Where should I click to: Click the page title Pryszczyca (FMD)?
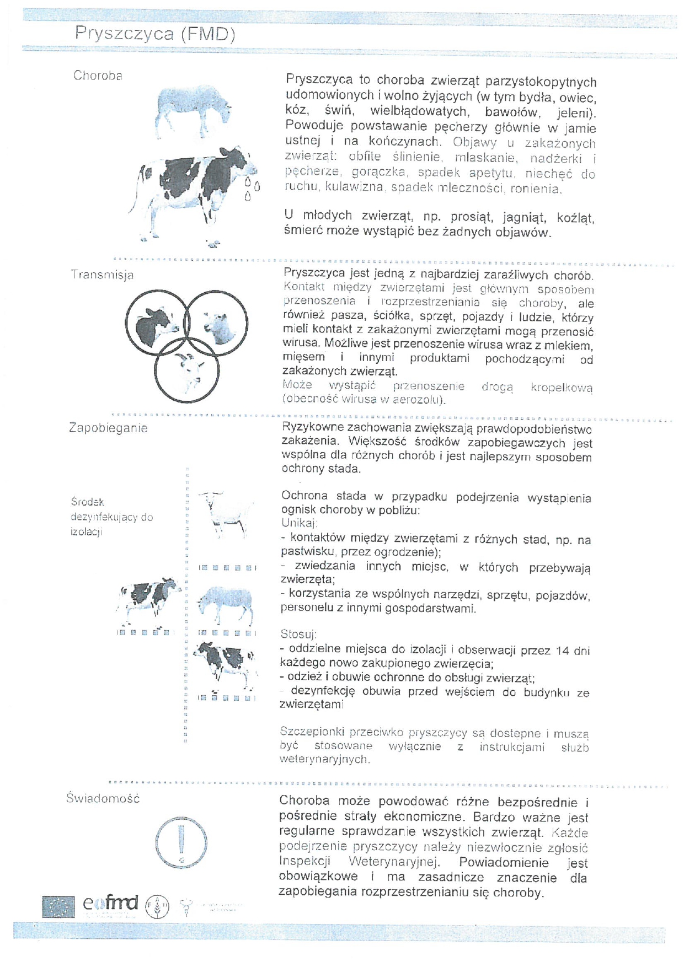(155, 34)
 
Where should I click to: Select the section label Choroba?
(98, 76)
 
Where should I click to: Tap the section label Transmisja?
(102, 275)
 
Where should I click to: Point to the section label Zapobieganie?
(108, 428)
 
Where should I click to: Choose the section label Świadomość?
(103, 798)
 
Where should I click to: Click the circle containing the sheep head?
(216, 323)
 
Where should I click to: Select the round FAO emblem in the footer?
(157, 906)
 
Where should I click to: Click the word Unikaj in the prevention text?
(298, 523)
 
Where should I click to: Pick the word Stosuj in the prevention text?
(298, 634)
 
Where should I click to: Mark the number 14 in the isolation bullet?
(562, 651)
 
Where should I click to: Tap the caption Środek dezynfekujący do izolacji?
(111, 517)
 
